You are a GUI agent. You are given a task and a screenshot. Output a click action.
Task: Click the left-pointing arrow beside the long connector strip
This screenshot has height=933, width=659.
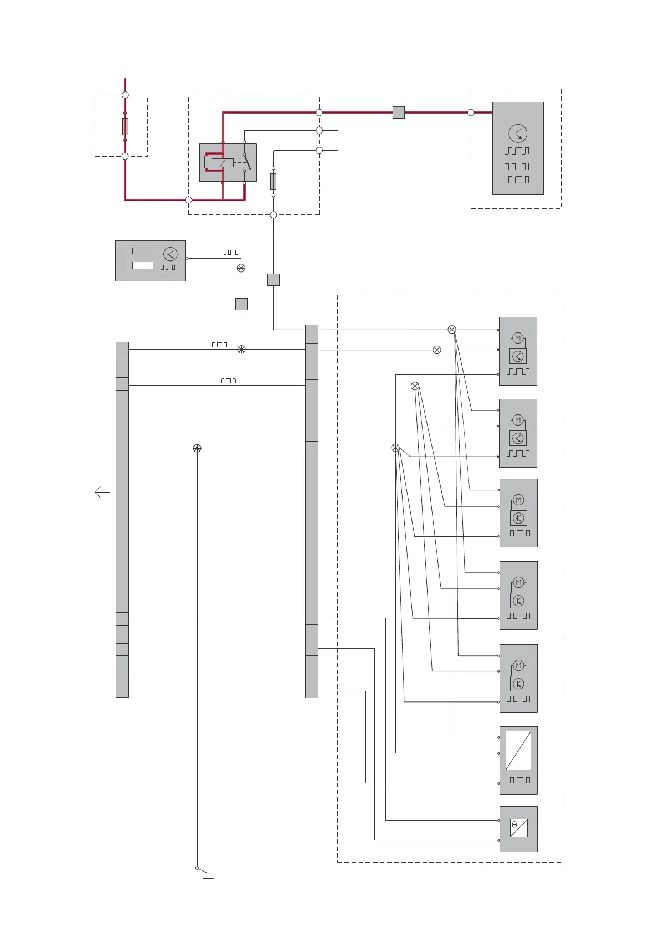tap(101, 492)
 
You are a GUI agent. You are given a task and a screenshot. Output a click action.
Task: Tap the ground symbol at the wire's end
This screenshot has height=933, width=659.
tap(208, 876)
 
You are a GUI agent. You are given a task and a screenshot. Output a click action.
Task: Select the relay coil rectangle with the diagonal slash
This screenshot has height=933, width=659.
tap(222, 163)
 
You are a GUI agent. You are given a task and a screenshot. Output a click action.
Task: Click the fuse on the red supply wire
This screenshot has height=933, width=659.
tap(125, 126)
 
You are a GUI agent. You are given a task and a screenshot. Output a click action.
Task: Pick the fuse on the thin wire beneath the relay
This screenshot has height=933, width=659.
tap(273, 181)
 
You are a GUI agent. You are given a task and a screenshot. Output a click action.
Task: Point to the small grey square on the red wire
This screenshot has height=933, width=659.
tap(398, 112)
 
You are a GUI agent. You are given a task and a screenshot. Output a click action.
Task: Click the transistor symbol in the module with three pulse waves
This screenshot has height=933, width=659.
tap(518, 134)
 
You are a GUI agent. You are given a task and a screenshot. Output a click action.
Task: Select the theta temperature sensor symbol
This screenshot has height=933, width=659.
tap(518, 828)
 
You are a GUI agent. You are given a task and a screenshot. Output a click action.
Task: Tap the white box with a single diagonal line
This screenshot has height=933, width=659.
tap(518, 750)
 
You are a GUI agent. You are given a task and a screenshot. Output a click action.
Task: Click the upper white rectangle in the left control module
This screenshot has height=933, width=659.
tap(143, 251)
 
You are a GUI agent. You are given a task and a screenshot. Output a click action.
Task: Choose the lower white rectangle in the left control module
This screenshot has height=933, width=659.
tap(143, 265)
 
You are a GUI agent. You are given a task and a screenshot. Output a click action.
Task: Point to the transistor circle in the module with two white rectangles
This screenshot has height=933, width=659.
tap(171, 254)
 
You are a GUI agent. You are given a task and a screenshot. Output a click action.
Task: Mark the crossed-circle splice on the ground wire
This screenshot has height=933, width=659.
tap(197, 448)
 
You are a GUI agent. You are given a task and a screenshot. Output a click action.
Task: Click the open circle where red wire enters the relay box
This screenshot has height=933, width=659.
tap(188, 200)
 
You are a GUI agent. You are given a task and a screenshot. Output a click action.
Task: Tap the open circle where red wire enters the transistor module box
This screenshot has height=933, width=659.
tap(471, 112)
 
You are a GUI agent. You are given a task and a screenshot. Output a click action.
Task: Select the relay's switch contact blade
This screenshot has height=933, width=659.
tap(247, 162)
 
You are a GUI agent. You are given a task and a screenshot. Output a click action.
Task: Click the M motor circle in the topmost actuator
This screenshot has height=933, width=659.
tap(518, 338)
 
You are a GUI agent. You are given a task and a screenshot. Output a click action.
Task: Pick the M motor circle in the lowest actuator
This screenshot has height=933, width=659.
tap(518, 665)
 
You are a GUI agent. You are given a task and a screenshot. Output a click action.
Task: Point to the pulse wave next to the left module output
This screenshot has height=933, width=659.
tap(232, 253)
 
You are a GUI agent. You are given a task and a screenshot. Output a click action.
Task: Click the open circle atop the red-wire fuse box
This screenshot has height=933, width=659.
tap(125, 95)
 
